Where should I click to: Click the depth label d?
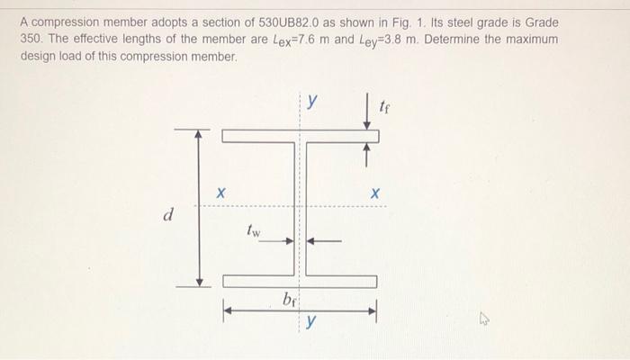pyautogui.click(x=167, y=215)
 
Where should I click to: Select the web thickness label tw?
pyautogui.click(x=254, y=231)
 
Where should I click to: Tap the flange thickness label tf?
pyautogui.click(x=387, y=109)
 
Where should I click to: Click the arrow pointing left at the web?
pyautogui.click(x=324, y=240)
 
